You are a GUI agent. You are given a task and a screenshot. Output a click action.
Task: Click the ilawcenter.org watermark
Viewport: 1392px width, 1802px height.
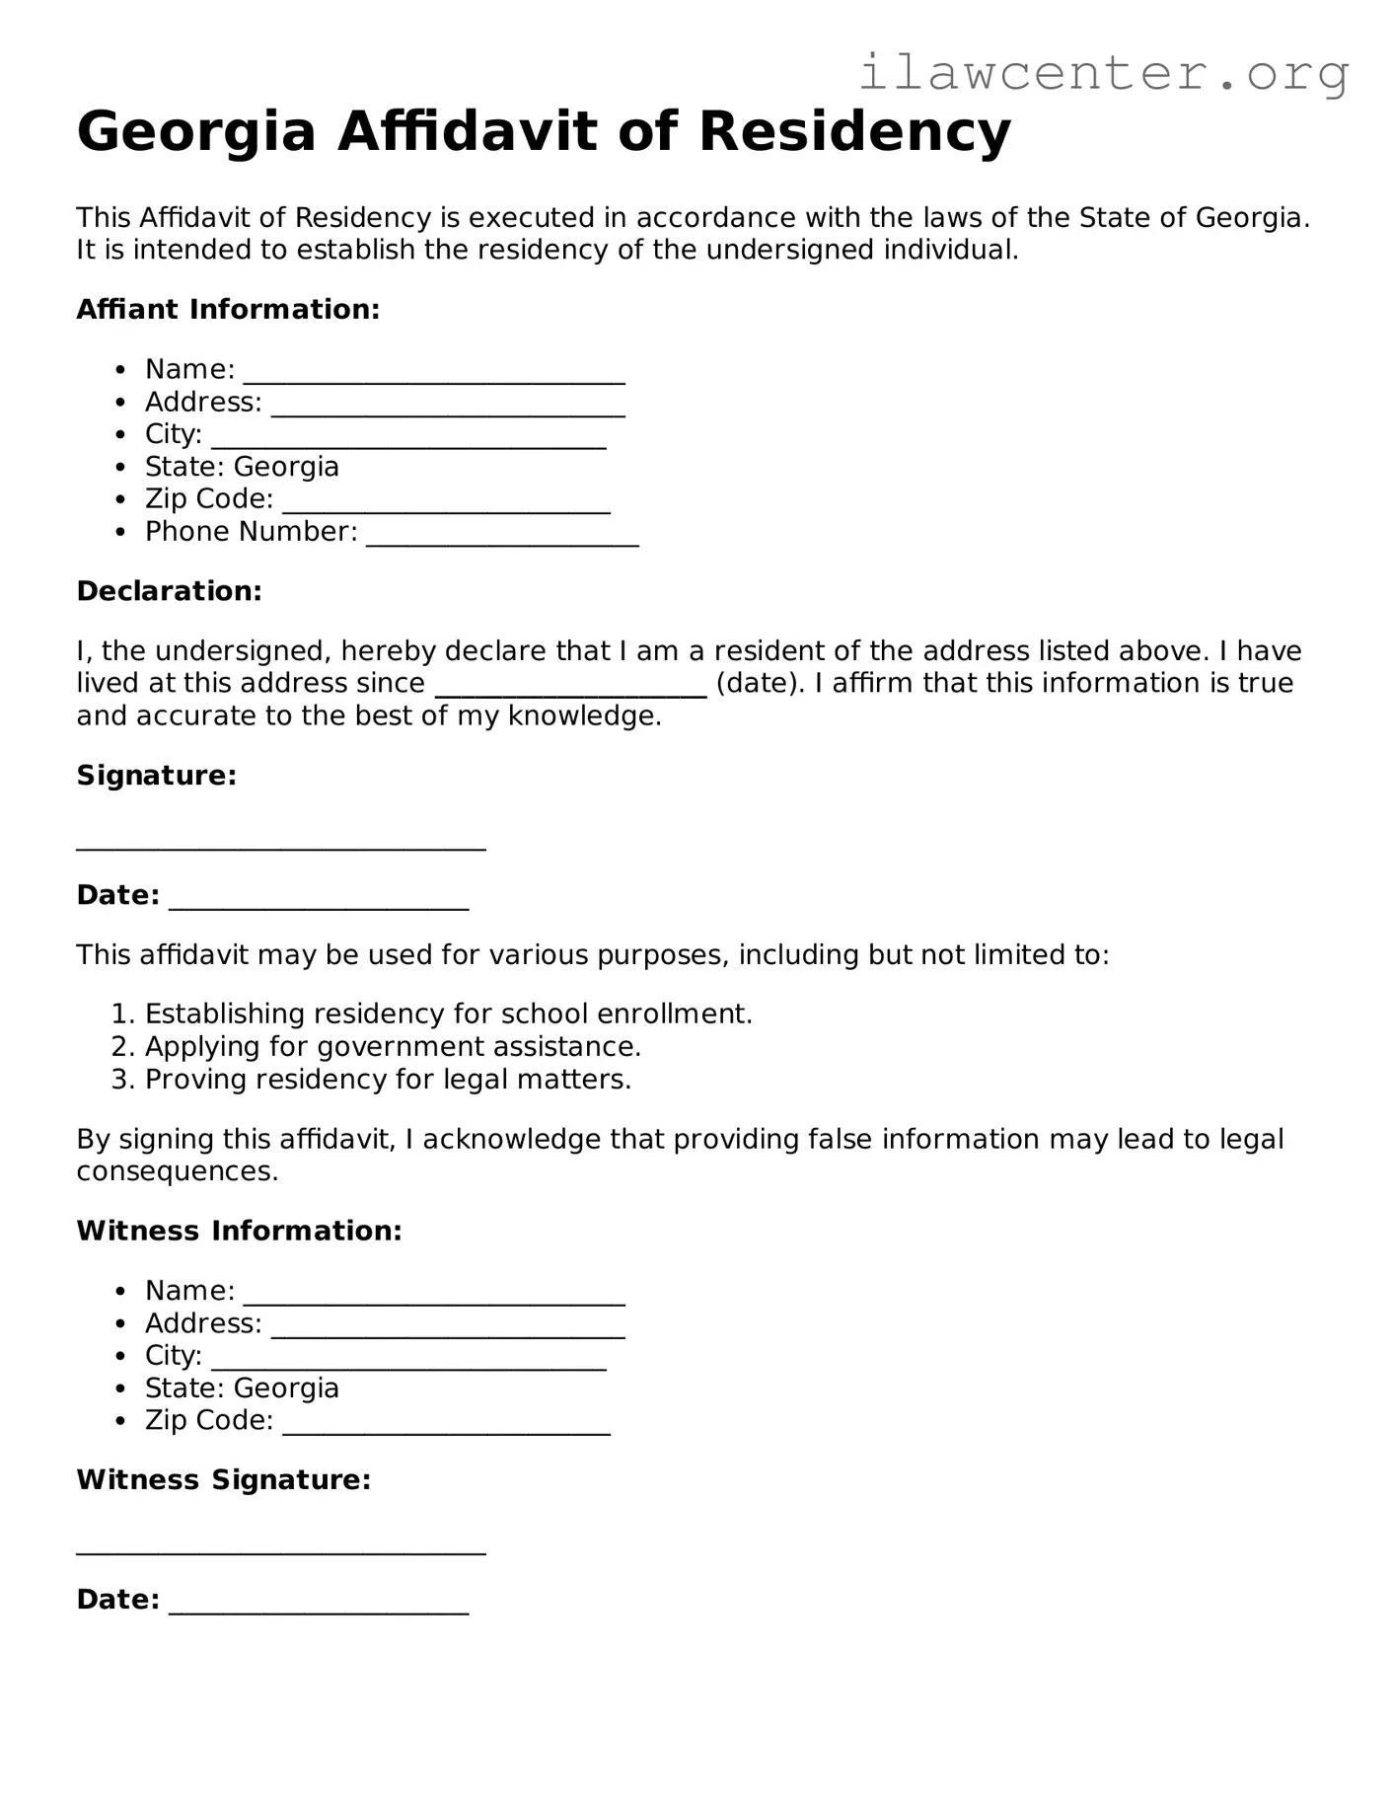(x=1103, y=73)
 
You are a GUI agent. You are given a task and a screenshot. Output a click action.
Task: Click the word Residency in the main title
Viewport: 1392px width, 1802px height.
(x=854, y=132)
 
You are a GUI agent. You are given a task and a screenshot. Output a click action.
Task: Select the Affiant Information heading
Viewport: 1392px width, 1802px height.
(x=228, y=310)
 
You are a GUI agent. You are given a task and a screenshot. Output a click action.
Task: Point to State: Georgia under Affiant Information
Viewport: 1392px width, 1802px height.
(x=242, y=467)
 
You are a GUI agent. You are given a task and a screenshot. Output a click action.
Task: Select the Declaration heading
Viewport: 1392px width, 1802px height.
(x=169, y=591)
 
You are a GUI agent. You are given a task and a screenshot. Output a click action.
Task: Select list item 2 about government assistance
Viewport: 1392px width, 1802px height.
(x=393, y=1046)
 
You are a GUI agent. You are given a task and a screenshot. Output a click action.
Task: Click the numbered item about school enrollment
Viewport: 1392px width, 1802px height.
(x=448, y=1014)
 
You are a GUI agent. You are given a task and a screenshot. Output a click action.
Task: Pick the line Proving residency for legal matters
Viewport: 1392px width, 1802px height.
(x=388, y=1079)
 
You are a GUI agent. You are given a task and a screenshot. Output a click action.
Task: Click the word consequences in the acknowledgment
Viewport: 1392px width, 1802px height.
(x=178, y=1171)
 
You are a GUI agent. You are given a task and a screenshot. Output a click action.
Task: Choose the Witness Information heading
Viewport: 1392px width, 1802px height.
(x=239, y=1231)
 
